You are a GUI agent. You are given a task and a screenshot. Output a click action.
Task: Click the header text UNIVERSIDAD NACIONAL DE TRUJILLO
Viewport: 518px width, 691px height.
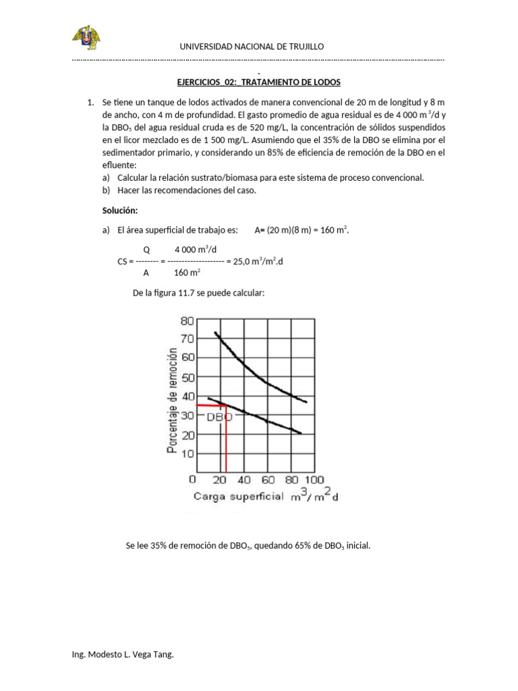pyautogui.click(x=251, y=46)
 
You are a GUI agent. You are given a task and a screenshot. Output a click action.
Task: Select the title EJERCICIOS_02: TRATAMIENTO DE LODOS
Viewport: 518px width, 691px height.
pyautogui.click(x=258, y=82)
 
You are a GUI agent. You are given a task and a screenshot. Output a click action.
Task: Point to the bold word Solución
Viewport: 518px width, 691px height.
pyautogui.click(x=120, y=211)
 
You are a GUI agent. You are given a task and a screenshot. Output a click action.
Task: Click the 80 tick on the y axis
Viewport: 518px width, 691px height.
pyautogui.click(x=186, y=321)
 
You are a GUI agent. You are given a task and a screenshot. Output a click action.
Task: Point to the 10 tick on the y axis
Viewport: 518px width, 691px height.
pyautogui.click(x=186, y=453)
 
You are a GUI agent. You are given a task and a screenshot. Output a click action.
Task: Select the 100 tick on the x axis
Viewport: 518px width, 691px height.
pyautogui.click(x=315, y=480)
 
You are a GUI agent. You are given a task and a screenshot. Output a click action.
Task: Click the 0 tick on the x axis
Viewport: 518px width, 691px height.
pyautogui.click(x=194, y=480)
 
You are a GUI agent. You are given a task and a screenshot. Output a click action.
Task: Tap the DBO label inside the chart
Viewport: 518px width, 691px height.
pyautogui.click(x=219, y=417)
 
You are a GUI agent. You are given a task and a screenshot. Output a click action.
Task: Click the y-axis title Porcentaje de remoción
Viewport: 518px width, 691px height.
pyautogui.click(x=173, y=401)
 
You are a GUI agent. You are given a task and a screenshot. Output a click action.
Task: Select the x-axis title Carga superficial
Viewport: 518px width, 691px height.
pyautogui.click(x=239, y=497)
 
